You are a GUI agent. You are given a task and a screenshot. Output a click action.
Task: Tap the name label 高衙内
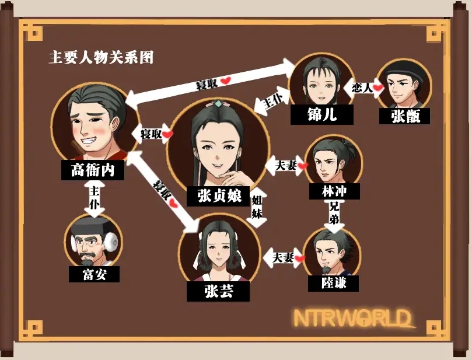tap(93, 170)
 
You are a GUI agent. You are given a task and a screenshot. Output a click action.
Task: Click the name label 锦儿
tap(322, 115)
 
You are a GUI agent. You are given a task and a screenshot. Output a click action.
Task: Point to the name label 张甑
tap(405, 116)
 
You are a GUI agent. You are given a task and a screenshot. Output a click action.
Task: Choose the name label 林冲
tap(332, 191)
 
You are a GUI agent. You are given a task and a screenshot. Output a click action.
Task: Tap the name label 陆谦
tap(333, 283)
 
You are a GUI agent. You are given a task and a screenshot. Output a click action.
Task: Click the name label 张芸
tap(218, 291)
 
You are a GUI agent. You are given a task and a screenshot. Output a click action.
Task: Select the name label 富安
tap(94, 274)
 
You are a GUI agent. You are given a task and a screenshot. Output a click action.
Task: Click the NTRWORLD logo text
tap(352, 319)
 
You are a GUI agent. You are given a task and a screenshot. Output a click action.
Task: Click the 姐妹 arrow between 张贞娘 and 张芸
tap(257, 208)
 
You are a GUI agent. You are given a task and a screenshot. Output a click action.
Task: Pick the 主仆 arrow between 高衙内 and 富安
tap(93, 198)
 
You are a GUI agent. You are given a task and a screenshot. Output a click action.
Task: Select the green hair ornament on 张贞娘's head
tap(217, 103)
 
